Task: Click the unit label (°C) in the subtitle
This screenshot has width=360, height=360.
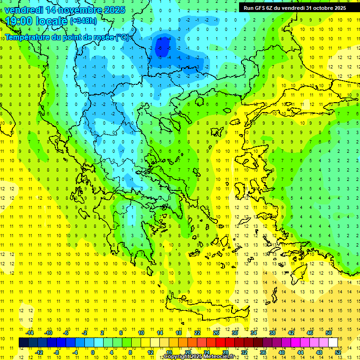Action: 123,37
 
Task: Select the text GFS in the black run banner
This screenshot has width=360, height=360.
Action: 261,8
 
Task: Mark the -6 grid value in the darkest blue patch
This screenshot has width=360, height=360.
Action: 160,48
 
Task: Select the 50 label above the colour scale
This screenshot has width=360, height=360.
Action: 328,333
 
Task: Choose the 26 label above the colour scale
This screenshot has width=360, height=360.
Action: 216,333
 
